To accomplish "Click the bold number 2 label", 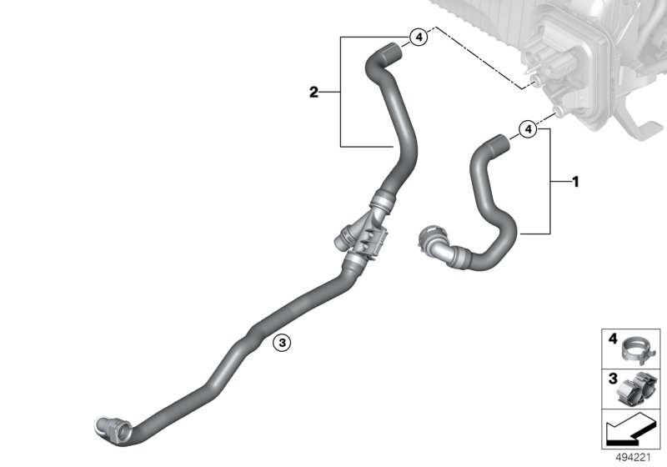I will (313, 93).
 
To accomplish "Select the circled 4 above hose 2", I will (419, 37).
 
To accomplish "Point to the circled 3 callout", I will (282, 342).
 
